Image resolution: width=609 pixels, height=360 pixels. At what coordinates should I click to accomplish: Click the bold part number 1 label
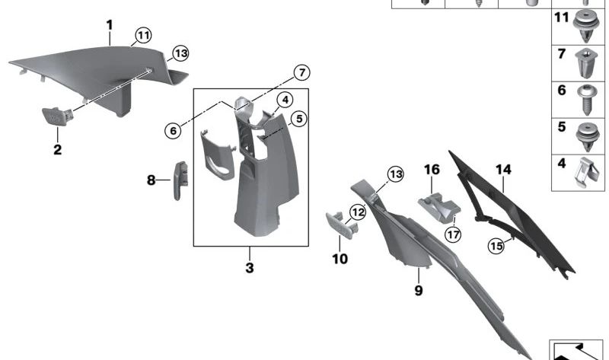click(110, 25)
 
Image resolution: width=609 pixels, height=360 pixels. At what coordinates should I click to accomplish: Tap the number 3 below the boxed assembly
click(249, 268)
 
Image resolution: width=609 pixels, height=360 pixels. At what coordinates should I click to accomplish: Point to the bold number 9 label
click(418, 290)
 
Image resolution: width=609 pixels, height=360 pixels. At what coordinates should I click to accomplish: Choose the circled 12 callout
click(358, 213)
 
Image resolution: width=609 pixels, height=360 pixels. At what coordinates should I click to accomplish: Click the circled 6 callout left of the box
click(174, 130)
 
